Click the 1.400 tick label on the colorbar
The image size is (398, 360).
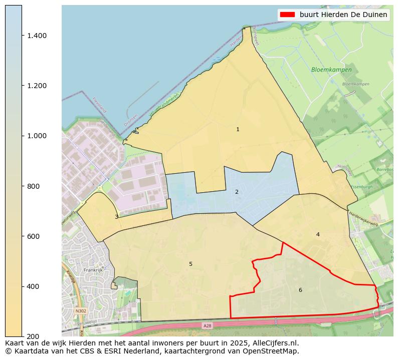coord(37,36)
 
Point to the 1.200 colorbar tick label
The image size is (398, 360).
coord(37,86)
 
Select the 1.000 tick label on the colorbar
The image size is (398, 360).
coord(37,136)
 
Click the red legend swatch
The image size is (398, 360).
coord(288,15)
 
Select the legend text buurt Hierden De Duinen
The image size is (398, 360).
coord(343,15)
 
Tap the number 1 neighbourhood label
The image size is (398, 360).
coord(238,130)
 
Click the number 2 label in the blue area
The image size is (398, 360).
coord(237,192)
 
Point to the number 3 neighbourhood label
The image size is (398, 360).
coord(116,217)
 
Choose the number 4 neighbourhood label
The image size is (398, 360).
coord(318,234)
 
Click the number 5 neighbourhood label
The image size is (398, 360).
coord(190,264)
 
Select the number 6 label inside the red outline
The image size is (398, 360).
coord(300,290)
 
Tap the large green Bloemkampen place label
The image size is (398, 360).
coord(331,70)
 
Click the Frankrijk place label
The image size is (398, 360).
coord(93,270)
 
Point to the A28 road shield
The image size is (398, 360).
coord(208,326)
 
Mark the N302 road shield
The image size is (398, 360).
coord(80,311)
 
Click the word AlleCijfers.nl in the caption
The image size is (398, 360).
coord(274,343)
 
